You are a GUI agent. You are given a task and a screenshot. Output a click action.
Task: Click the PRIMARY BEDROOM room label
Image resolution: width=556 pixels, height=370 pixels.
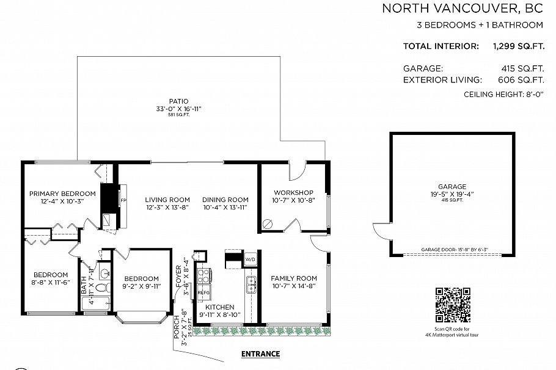[x=62, y=194]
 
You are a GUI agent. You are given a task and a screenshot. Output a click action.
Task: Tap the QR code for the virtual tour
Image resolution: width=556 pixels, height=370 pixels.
[x=453, y=305]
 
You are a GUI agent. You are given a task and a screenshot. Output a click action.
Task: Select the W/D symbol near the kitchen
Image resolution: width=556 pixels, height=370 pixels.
[x=251, y=259]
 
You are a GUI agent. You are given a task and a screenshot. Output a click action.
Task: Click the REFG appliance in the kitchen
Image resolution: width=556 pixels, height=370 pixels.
[x=203, y=293]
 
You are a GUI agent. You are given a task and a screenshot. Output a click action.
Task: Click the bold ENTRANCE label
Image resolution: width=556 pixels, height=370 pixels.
[x=260, y=354]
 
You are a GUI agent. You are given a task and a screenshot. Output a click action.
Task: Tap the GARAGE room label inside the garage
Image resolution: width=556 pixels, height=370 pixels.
[x=452, y=187]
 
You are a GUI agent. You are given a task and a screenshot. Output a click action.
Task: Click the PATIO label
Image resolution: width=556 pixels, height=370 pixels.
[x=178, y=101]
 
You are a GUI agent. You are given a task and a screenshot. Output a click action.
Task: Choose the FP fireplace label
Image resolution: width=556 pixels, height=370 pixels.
[x=123, y=200]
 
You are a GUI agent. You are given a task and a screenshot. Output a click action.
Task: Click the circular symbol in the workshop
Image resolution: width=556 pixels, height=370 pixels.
[x=266, y=223]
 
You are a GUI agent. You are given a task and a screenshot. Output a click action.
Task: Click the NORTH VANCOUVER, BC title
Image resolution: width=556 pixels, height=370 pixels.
[x=463, y=9]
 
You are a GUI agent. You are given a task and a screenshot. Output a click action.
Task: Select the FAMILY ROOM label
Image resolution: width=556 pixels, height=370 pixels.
[x=294, y=278]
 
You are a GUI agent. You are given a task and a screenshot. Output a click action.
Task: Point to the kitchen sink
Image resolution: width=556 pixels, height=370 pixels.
[x=251, y=284]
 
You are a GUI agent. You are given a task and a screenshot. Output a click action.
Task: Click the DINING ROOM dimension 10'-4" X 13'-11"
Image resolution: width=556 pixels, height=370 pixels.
[x=225, y=208]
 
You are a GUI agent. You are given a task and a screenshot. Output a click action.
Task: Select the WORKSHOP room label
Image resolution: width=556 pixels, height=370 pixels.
[x=293, y=192]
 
